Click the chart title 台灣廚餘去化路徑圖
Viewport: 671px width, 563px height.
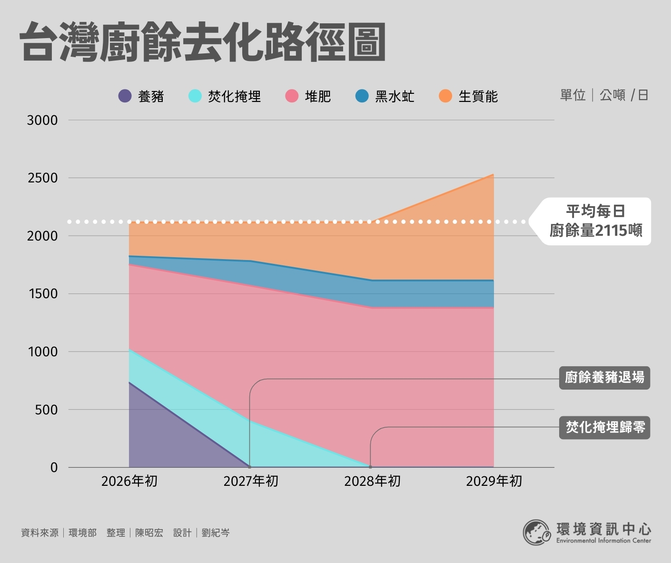[x=203, y=42]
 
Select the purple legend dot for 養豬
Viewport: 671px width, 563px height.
[x=125, y=96]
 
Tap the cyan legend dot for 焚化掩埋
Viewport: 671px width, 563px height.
[x=195, y=96]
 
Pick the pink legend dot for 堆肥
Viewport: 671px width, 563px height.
[x=292, y=96]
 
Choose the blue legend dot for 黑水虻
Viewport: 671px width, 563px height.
[x=362, y=96]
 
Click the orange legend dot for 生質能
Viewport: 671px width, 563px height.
[x=445, y=96]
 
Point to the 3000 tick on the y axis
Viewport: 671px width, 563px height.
[x=42, y=120]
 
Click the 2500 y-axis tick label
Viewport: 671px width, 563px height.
[x=42, y=178]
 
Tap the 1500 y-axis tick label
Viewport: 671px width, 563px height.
[x=42, y=294]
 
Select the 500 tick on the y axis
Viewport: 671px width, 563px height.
[x=46, y=410]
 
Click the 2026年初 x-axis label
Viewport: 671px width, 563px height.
[x=129, y=481]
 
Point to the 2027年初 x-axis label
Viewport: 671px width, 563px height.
[x=251, y=481]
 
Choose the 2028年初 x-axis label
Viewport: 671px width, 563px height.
[x=372, y=481]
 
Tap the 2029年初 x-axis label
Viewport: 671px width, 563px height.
[x=494, y=481]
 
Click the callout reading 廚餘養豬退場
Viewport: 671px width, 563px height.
[x=604, y=378]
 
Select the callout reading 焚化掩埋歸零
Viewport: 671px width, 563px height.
[x=604, y=427]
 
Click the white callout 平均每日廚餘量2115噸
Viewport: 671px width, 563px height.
[x=595, y=221]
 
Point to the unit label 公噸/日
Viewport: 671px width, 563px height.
[x=624, y=95]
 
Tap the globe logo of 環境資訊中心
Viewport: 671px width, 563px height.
[x=537, y=532]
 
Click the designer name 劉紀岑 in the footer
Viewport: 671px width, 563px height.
[x=216, y=533]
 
